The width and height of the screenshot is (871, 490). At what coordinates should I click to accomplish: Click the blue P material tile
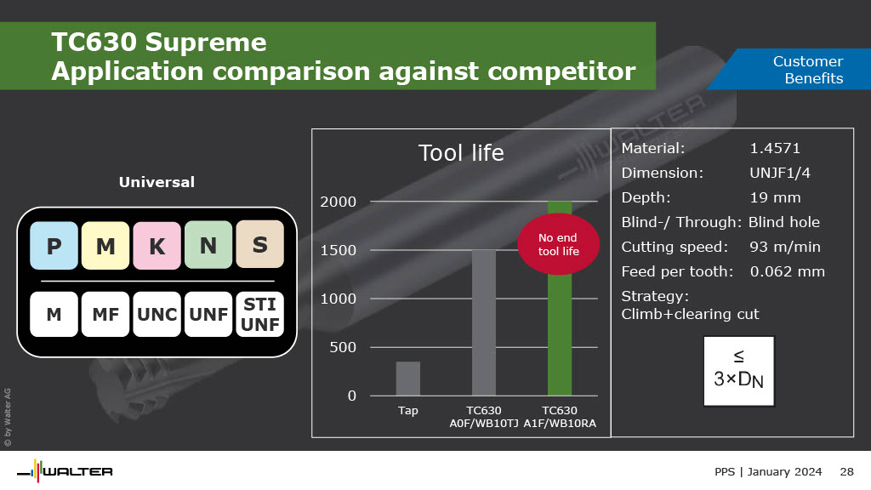(x=54, y=246)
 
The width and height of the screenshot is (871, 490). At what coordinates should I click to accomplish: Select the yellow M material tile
(x=105, y=246)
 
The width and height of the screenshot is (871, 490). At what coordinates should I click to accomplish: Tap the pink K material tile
(x=157, y=246)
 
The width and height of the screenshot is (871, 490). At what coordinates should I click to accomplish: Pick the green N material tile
(x=208, y=245)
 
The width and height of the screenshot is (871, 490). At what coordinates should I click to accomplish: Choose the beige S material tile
(x=260, y=244)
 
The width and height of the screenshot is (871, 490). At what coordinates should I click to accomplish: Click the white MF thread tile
(x=105, y=315)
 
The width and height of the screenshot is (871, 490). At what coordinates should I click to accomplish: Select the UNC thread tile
(x=157, y=315)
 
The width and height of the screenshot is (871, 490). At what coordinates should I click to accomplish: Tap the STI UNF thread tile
(x=260, y=315)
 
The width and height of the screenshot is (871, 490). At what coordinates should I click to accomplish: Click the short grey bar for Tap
(x=407, y=379)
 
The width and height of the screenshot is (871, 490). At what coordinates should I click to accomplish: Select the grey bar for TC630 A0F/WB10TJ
(x=484, y=322)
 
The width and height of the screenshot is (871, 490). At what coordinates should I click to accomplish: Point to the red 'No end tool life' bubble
(x=558, y=244)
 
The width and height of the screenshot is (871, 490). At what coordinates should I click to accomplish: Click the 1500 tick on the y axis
(x=339, y=251)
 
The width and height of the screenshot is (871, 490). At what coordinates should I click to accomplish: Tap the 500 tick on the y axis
(x=343, y=347)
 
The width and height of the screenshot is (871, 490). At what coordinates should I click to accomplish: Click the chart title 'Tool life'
(x=461, y=153)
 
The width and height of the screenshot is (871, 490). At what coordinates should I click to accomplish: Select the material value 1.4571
(x=775, y=148)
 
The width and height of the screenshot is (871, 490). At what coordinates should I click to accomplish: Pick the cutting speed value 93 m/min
(x=785, y=247)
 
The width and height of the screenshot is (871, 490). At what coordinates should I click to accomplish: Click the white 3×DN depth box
(x=739, y=371)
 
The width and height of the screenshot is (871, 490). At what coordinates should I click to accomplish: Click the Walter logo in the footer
(x=65, y=471)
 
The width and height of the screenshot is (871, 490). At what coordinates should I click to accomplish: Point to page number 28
(x=846, y=471)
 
